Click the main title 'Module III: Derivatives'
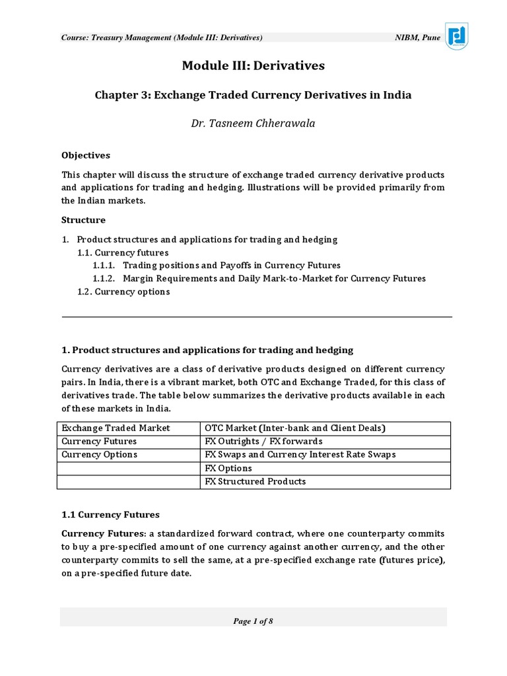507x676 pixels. pyautogui.click(x=253, y=66)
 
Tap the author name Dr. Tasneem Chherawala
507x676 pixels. pyautogui.click(x=253, y=123)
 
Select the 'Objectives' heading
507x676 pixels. pyautogui.click(x=86, y=155)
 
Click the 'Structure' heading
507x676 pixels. pyautogui.click(x=83, y=219)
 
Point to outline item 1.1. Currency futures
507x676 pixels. pyautogui.click(x=123, y=252)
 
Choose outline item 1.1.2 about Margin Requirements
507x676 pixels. pyautogui.click(x=259, y=278)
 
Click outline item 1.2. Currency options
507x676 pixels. pyautogui.click(x=124, y=291)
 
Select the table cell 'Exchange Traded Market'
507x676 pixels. pyautogui.click(x=116, y=428)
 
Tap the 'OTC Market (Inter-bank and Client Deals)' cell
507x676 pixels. pyautogui.click(x=295, y=428)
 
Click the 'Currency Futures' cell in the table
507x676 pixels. pyautogui.click(x=99, y=441)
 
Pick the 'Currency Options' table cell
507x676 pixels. pyautogui.click(x=99, y=454)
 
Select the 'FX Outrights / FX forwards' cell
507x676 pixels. pyautogui.click(x=263, y=441)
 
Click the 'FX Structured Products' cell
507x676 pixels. pyautogui.click(x=255, y=481)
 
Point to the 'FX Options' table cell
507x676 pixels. pyautogui.click(x=228, y=468)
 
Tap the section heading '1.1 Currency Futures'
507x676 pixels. pyautogui.click(x=110, y=514)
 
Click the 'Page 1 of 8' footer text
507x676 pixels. pyautogui.click(x=253, y=621)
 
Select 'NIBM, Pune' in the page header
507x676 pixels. pyautogui.click(x=417, y=38)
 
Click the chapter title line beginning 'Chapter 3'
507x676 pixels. pyautogui.click(x=253, y=95)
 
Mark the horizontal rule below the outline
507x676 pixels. pyautogui.click(x=257, y=317)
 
